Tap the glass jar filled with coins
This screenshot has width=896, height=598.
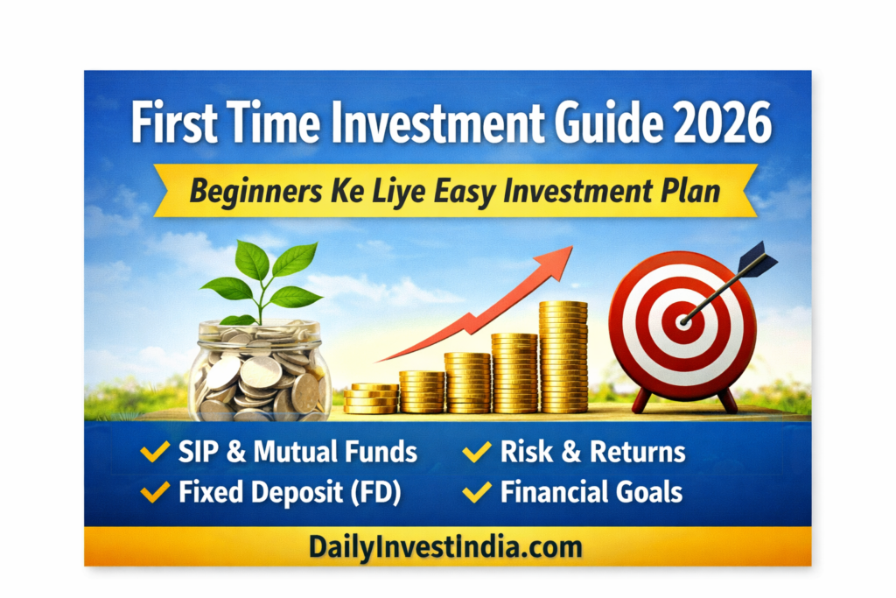pos(261,372)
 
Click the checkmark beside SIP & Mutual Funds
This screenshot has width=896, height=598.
pos(155,453)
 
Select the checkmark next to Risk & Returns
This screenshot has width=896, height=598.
pos(477,453)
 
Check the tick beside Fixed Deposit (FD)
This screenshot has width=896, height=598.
pos(155,492)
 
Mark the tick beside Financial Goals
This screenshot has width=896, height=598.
pos(477,492)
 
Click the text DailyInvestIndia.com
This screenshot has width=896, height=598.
pos(445,547)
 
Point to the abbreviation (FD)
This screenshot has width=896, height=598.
pos(371,492)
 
